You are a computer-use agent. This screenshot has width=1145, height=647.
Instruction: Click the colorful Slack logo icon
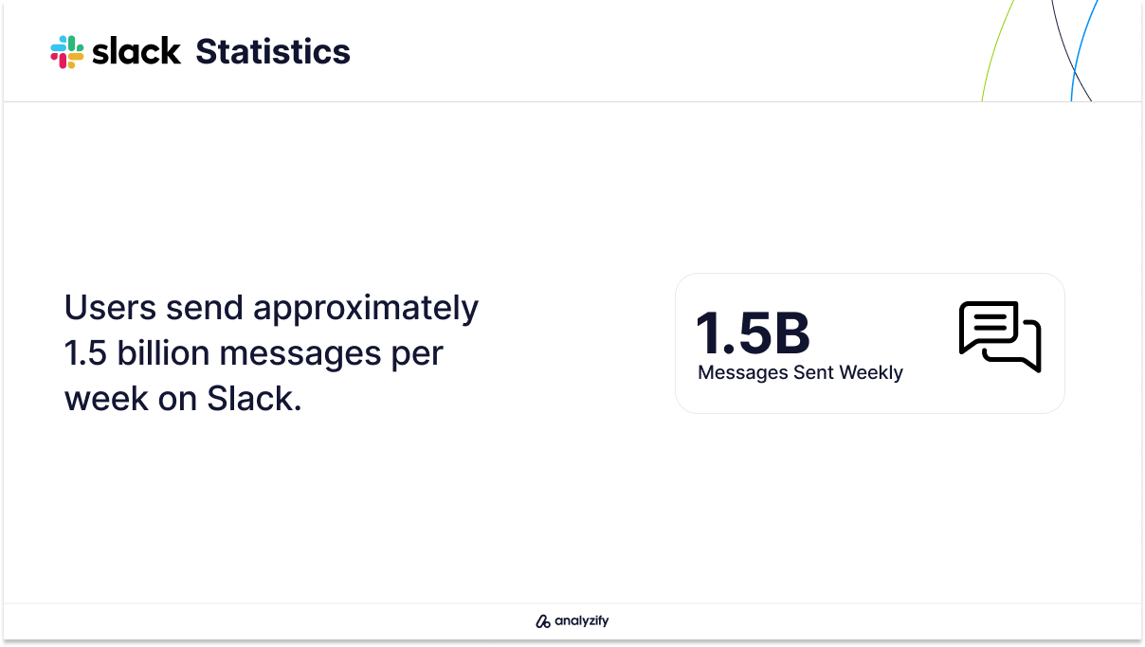click(x=67, y=52)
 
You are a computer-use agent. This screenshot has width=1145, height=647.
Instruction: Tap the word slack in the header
click(x=136, y=51)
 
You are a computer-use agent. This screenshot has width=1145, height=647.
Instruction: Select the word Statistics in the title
click(x=273, y=51)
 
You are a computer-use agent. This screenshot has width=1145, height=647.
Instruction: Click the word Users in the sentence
click(x=110, y=308)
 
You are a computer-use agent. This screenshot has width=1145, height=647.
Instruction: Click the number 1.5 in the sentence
click(x=85, y=353)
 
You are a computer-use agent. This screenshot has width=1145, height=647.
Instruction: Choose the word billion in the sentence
click(x=163, y=352)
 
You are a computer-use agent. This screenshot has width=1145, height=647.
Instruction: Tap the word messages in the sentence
click(x=300, y=354)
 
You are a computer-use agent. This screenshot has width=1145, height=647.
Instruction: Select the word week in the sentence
click(x=106, y=398)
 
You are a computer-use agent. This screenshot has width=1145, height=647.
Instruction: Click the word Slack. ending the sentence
click(x=254, y=398)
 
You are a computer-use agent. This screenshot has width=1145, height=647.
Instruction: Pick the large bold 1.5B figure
click(x=753, y=333)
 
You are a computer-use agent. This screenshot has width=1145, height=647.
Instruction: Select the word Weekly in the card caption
click(x=871, y=373)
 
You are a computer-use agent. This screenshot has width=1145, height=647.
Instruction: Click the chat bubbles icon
click(x=1000, y=336)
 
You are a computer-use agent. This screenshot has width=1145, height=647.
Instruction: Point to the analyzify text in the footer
click(x=582, y=620)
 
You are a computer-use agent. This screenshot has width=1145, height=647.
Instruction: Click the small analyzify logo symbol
click(x=543, y=621)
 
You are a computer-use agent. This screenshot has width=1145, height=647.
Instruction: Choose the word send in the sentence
click(x=205, y=308)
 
